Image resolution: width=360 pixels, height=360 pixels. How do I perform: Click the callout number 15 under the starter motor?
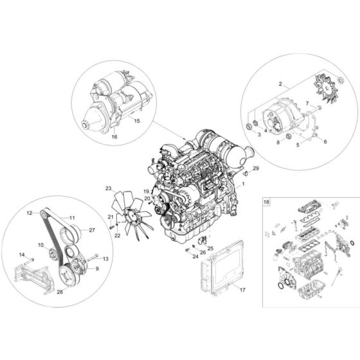136,120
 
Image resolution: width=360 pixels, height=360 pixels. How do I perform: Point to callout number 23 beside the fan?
109,188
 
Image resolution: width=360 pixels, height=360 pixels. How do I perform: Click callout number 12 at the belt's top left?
30,212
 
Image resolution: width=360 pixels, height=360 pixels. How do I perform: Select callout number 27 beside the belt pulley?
92,229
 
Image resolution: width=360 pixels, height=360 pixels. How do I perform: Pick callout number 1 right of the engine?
244,184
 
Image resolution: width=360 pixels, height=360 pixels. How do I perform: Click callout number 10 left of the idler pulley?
40,245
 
